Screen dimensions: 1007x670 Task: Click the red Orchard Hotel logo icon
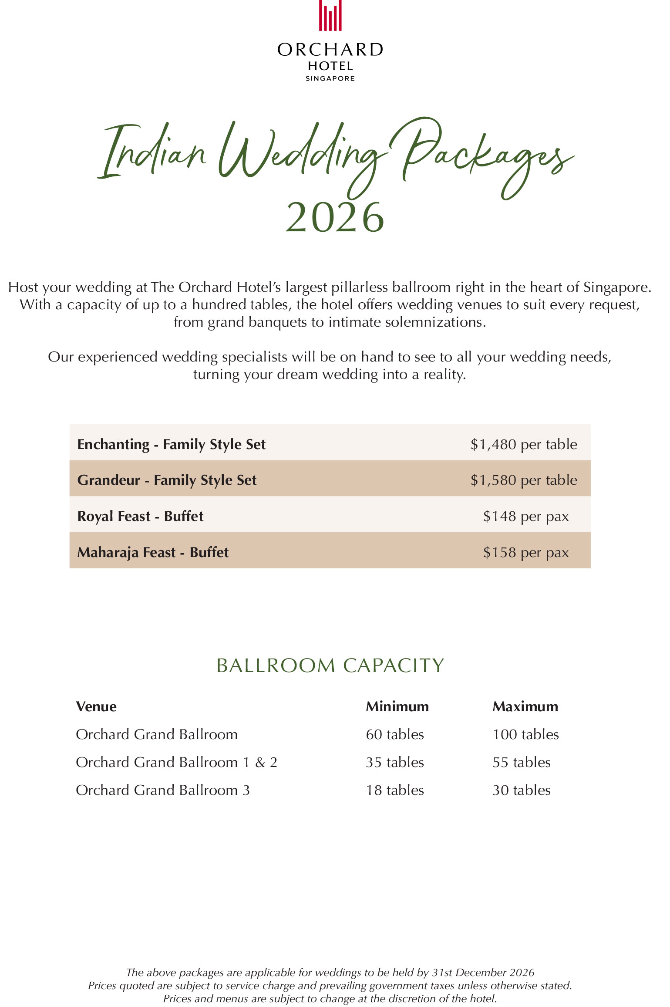pos(330,16)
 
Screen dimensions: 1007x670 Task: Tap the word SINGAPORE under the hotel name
pos(330,78)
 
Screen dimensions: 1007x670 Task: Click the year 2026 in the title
pos(335,217)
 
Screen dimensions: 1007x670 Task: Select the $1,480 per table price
pos(524,444)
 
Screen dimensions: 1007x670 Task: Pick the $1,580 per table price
pos(524,480)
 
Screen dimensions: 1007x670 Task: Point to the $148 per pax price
pos(526,516)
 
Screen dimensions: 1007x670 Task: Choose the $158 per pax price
pos(526,552)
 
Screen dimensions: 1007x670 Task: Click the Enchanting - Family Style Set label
pos(171,444)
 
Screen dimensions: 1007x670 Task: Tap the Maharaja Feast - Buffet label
pos(153,552)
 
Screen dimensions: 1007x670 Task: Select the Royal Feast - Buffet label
pos(140,516)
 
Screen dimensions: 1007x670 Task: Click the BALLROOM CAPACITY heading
pos(330,666)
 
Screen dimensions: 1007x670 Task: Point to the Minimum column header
pos(397,706)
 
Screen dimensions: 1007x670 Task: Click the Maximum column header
pos(525,706)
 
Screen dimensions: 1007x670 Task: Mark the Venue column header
pos(96,706)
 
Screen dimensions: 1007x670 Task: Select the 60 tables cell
pos(395,734)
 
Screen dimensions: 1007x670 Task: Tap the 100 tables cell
pos(525,734)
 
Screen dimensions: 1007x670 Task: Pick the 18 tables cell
pos(395,790)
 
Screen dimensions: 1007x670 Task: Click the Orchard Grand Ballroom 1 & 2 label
pos(176,762)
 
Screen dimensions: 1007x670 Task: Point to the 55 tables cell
pos(522,762)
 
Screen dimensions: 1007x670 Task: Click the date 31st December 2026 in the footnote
pos(483,973)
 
